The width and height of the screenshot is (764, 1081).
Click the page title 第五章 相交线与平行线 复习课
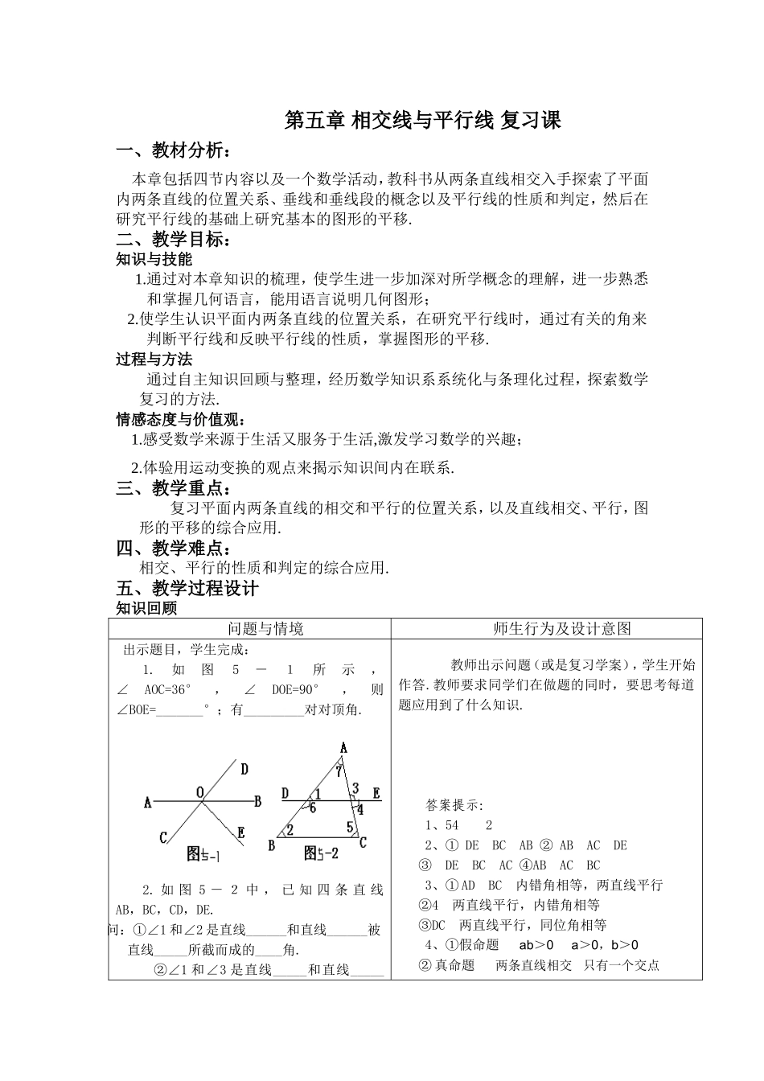tap(423, 121)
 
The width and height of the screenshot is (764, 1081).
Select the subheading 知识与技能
tap(154, 259)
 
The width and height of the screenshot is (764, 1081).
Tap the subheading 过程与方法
tap(154, 360)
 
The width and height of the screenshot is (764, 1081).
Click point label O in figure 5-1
tap(199, 793)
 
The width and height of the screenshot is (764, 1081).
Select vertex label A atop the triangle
tap(343, 748)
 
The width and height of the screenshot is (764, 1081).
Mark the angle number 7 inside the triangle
tap(339, 771)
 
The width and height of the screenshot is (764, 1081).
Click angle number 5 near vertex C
tap(349, 826)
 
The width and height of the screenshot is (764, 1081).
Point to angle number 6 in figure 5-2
tap(312, 807)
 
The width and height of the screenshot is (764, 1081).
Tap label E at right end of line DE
tap(376, 792)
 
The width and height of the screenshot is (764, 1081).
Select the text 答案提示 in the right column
tap(454, 805)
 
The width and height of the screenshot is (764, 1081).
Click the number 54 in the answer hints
tap(451, 825)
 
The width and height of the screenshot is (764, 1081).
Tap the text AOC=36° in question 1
tap(169, 690)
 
